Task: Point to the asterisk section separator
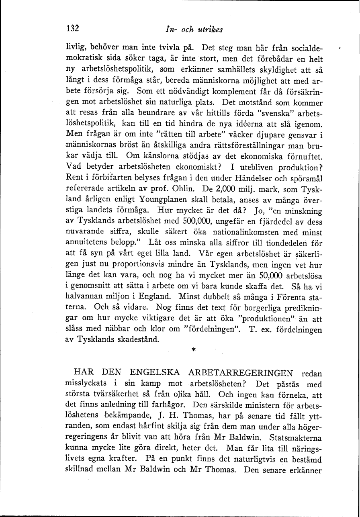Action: tap(193, 350)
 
